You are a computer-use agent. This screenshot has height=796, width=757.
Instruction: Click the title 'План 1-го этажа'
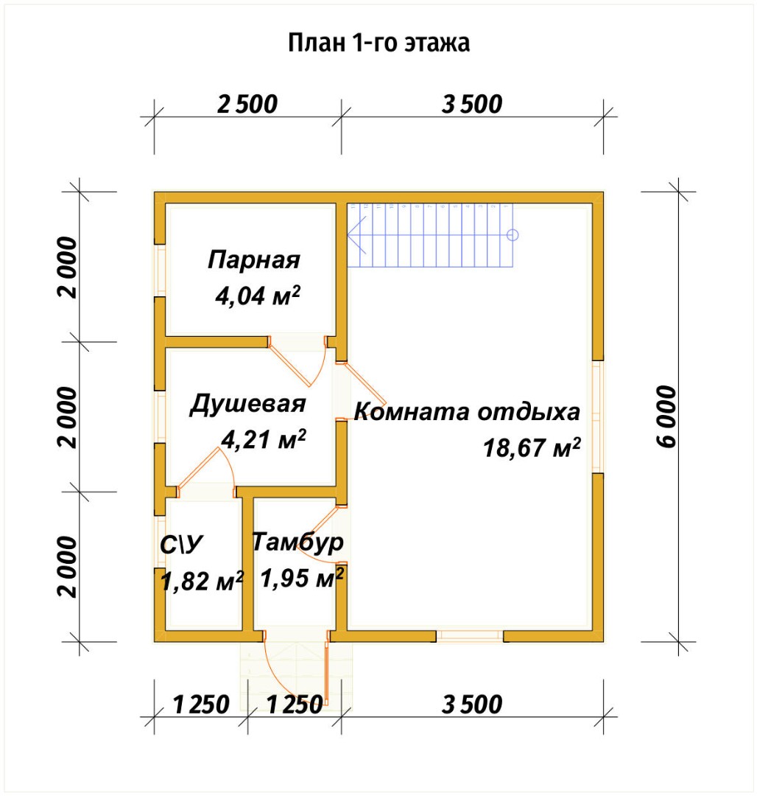coord(378,43)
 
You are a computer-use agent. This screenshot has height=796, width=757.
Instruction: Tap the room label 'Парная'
coord(254,260)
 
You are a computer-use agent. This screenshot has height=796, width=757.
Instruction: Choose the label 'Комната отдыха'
coord(468,411)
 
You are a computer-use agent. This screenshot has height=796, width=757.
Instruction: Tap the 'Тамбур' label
coord(297,542)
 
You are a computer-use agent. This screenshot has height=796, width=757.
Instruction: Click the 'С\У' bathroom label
coord(181,545)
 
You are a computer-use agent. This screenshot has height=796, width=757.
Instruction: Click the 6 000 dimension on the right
coord(666,416)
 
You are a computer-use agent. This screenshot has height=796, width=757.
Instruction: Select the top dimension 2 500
coord(247,104)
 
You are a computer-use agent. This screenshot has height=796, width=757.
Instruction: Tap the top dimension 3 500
coord(472,104)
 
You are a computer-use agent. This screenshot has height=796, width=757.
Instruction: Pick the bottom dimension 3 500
coord(472,705)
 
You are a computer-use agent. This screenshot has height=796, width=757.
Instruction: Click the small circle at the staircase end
coord(513,235)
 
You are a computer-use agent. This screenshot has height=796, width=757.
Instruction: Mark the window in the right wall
coord(598,416)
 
